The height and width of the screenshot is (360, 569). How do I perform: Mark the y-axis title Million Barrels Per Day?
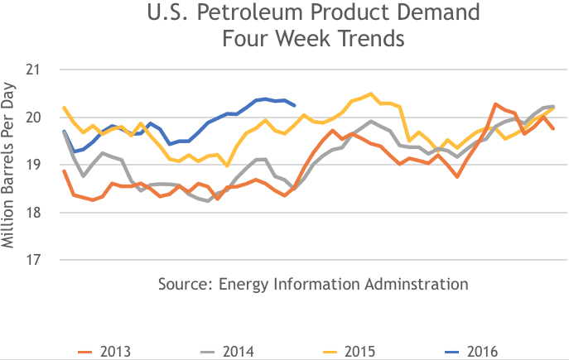(10, 165)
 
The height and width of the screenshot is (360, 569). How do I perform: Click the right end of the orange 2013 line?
(554, 128)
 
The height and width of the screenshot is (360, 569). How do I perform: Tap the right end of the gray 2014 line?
(554, 106)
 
